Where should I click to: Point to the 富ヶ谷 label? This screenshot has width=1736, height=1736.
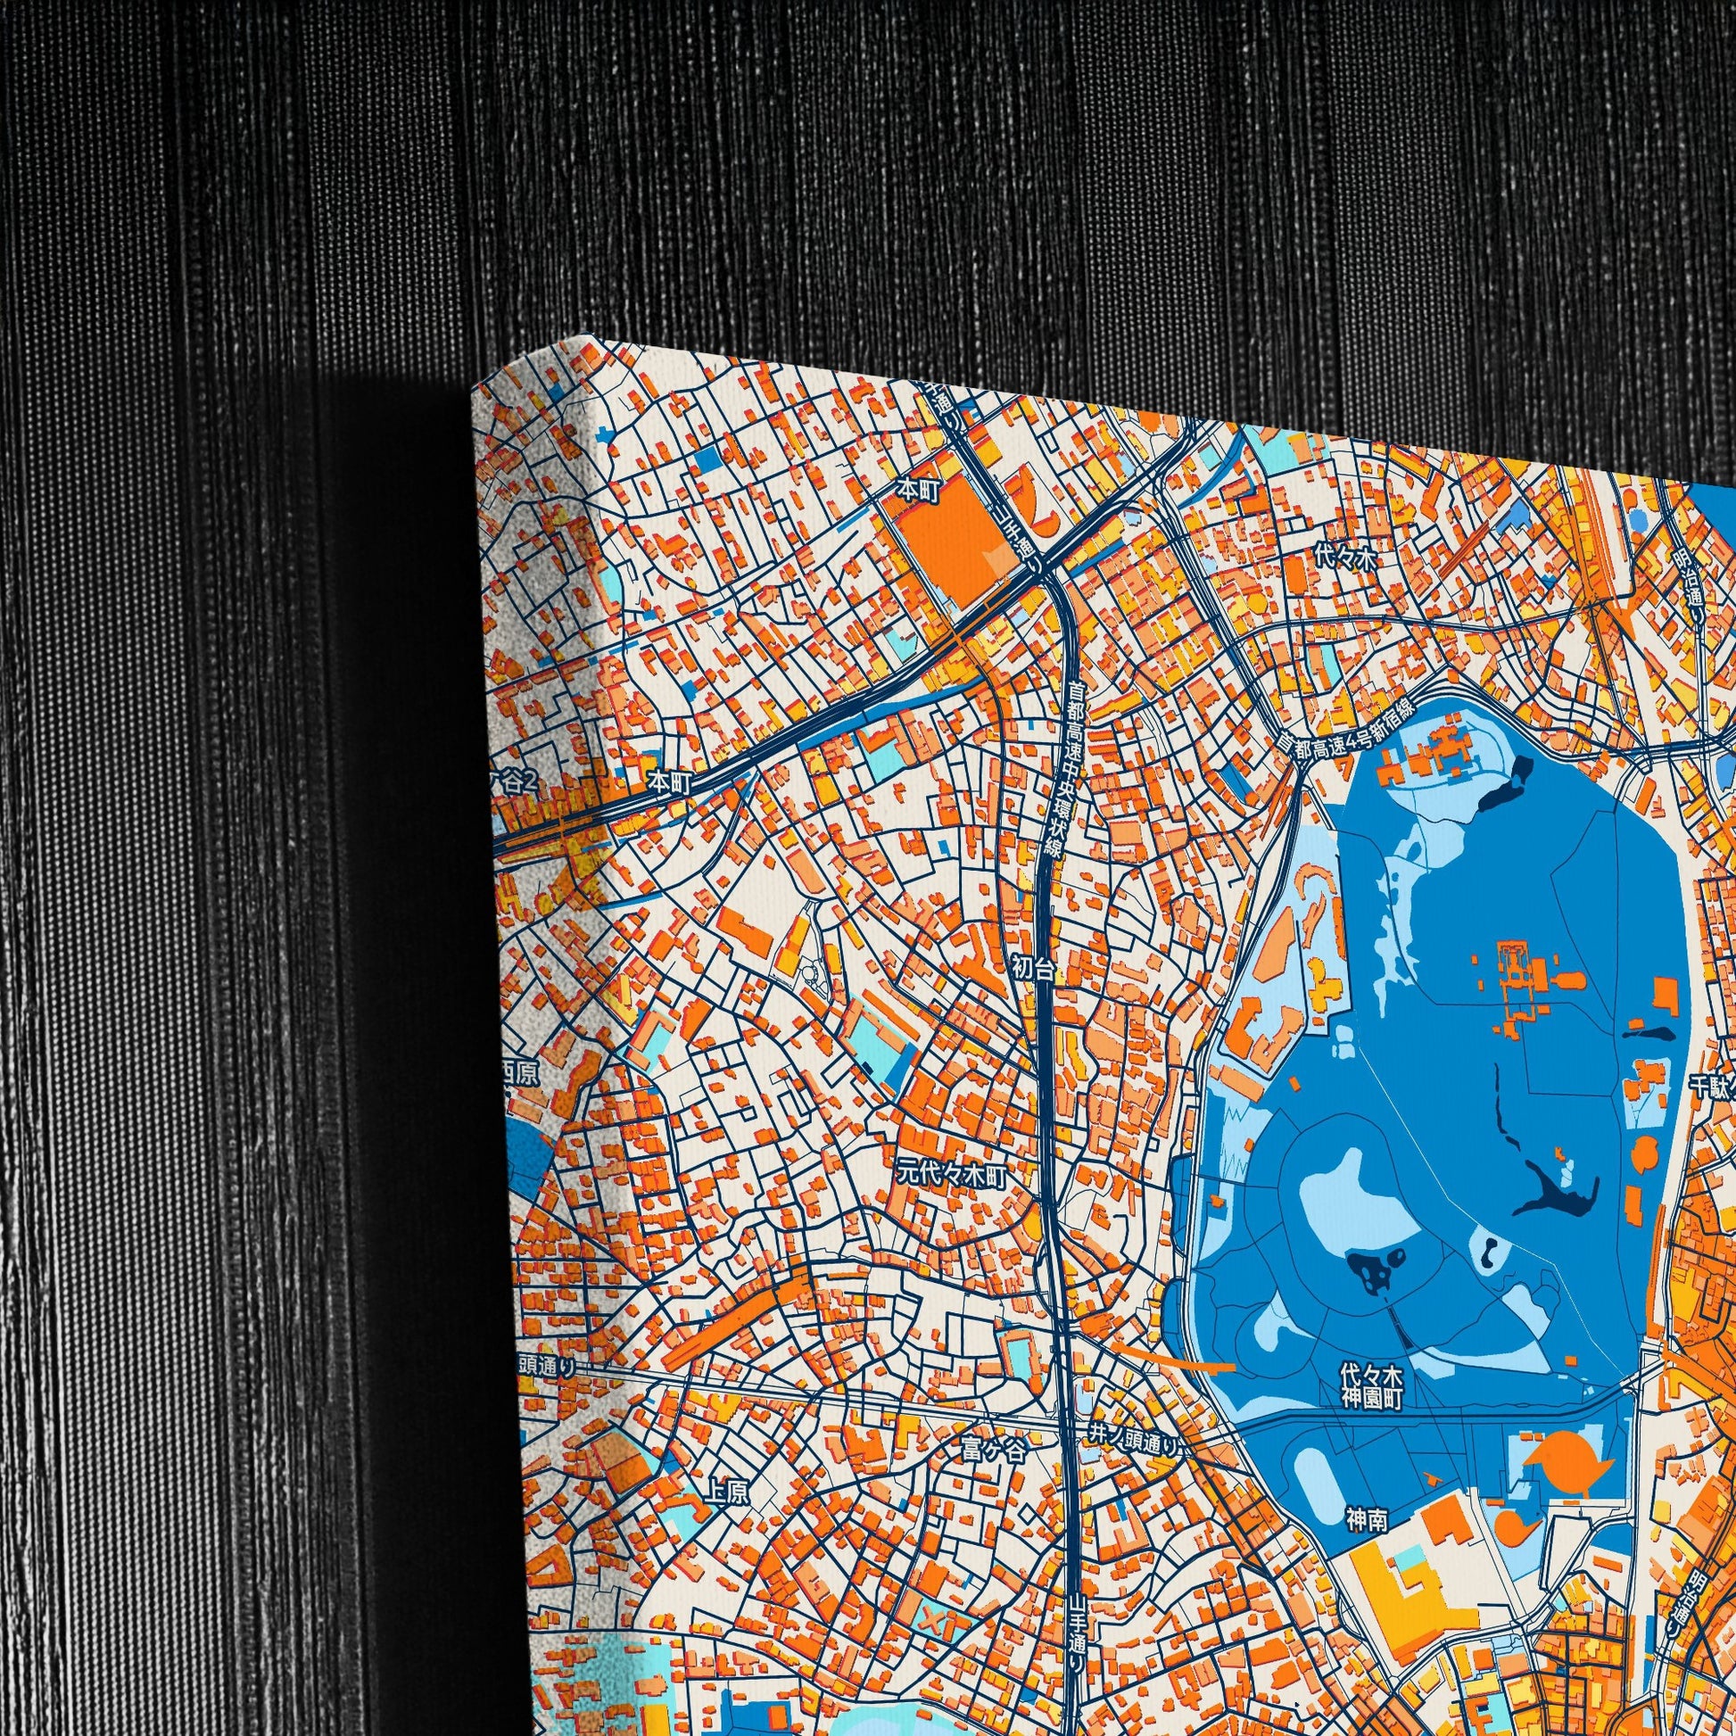click(x=991, y=1450)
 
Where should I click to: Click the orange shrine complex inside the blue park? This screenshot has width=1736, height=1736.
click(x=1517, y=978)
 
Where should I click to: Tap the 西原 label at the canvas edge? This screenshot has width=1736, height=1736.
click(x=522, y=1075)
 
